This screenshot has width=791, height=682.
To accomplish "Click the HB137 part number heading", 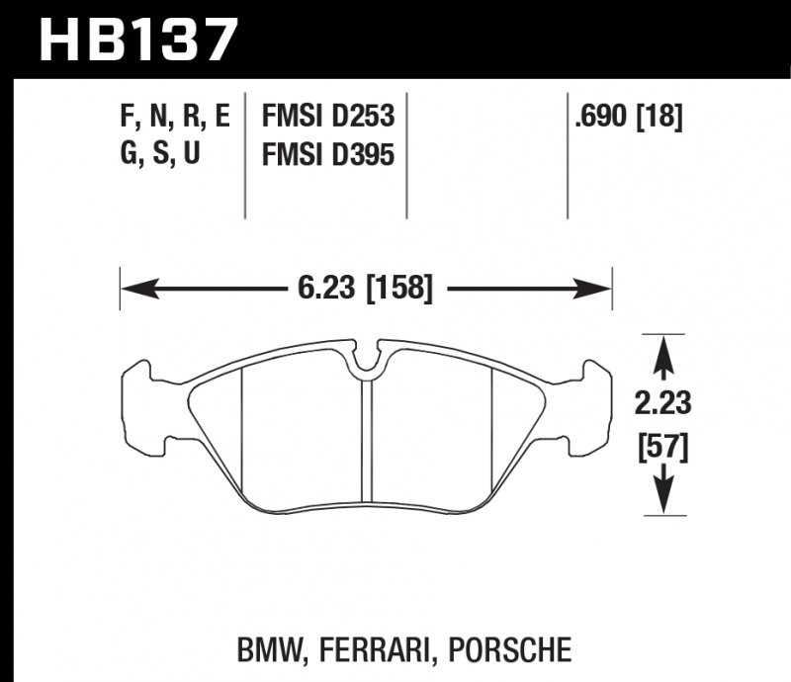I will click(138, 40).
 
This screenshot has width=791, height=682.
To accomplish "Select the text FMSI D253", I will click(327, 118).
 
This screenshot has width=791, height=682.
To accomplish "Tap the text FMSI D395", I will click(327, 155).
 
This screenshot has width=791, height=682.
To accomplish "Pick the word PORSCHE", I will click(512, 649).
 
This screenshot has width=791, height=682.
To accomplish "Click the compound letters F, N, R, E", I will click(174, 118).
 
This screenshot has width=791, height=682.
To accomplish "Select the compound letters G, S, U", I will click(158, 155).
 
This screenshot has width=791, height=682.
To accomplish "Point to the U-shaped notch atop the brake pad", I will click(368, 362).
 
